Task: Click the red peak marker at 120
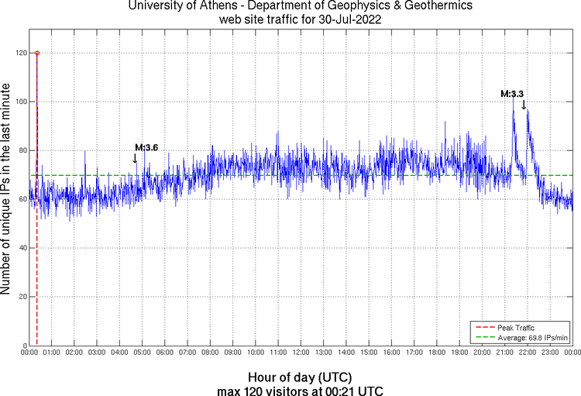pos(37,53)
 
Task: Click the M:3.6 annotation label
pos(146,147)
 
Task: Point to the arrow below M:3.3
pos(524,105)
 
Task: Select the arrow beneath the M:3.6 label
pos(136,158)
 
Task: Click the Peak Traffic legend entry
pos(515,328)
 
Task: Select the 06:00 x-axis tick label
pos(166,352)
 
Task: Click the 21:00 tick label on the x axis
pos(505,352)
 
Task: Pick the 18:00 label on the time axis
pos(437,352)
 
